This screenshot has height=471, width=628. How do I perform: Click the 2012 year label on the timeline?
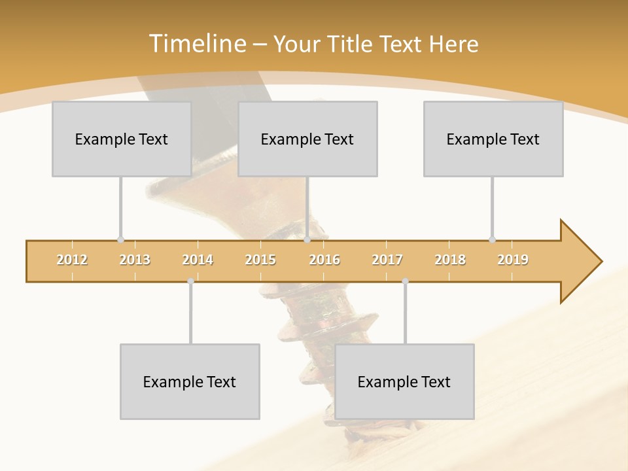coord(72,260)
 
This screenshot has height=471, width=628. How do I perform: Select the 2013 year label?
coord(135,260)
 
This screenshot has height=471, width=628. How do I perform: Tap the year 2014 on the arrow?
coord(198,260)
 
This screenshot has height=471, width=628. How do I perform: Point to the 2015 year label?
coord(260,260)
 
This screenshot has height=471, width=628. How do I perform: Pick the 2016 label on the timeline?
coord(324,260)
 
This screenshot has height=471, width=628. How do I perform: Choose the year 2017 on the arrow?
coord(387,260)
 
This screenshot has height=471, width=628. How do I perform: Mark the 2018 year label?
coord(450,260)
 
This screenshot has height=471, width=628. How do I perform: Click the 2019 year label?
coord(513,260)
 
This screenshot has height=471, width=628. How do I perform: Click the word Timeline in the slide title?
coord(196,44)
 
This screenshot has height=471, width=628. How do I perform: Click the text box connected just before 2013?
coord(122,139)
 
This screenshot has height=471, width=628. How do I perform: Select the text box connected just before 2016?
coord(307,139)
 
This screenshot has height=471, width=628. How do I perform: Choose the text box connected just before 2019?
coord(493,139)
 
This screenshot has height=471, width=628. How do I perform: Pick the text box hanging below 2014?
coord(190,381)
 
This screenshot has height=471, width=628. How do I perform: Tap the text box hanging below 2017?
coord(404,381)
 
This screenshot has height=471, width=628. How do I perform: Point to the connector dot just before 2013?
coord(120,239)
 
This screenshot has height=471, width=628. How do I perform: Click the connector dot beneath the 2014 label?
coord(190,281)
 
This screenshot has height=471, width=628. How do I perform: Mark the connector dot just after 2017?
coord(405,281)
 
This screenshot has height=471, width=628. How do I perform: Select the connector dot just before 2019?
coord(492,239)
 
